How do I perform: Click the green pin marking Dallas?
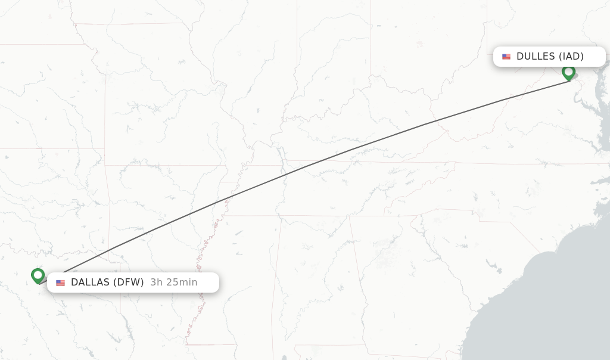[38, 275]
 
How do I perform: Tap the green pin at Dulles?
[568, 72]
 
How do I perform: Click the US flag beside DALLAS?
[60, 283]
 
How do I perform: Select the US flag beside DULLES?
[506, 57]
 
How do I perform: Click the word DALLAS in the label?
[90, 283]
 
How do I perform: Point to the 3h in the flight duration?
[157, 283]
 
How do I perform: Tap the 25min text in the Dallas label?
[182, 283]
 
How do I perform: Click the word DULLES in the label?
[536, 57]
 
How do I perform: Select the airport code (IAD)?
[571, 57]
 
